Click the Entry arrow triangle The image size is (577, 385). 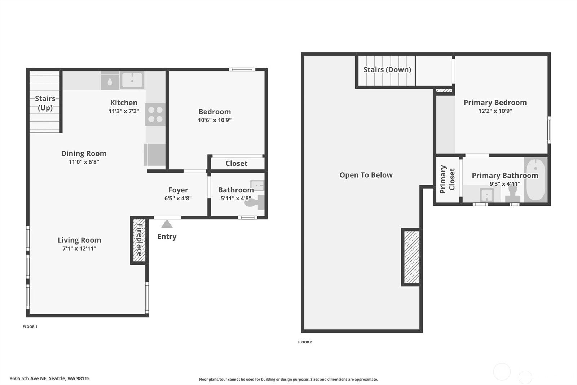167,224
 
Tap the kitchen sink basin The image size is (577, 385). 132,80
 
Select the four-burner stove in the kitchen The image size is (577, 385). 155,114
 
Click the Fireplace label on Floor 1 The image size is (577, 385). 139,240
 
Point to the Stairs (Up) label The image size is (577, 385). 45,103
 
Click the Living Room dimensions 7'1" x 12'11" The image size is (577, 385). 79,248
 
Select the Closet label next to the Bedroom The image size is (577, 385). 237,163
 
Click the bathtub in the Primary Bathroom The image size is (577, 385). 536,179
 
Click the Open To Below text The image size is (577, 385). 366,175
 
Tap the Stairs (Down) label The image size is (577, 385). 387,69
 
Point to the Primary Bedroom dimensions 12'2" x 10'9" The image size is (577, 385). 495,111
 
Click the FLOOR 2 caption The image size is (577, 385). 305,342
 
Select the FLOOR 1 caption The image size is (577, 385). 30,327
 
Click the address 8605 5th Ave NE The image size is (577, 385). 28,378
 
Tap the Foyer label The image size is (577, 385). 178,190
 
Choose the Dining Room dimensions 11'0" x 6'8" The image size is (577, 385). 84,162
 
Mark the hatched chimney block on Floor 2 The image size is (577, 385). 411,257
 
